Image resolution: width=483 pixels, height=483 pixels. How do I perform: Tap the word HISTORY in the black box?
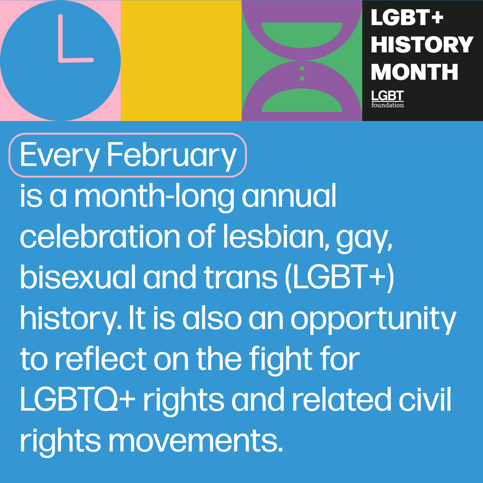[421, 45]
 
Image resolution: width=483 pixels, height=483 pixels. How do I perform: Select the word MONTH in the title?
[414, 72]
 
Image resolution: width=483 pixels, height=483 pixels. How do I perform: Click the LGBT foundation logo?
[387, 99]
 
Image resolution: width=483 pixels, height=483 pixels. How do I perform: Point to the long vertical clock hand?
[61, 38]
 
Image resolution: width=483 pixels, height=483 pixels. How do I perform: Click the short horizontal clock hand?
[76, 60]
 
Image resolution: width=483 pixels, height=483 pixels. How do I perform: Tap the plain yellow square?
[181, 60]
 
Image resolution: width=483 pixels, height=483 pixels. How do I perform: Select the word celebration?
[100, 237]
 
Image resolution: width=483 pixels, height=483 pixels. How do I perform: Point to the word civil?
[426, 400]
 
